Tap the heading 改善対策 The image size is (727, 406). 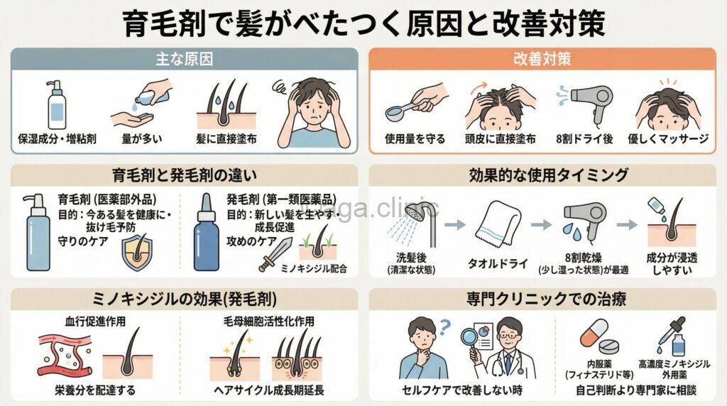(542, 59)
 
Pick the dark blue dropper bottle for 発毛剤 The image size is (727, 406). (208, 234)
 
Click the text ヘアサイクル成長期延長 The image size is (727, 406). (276, 390)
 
